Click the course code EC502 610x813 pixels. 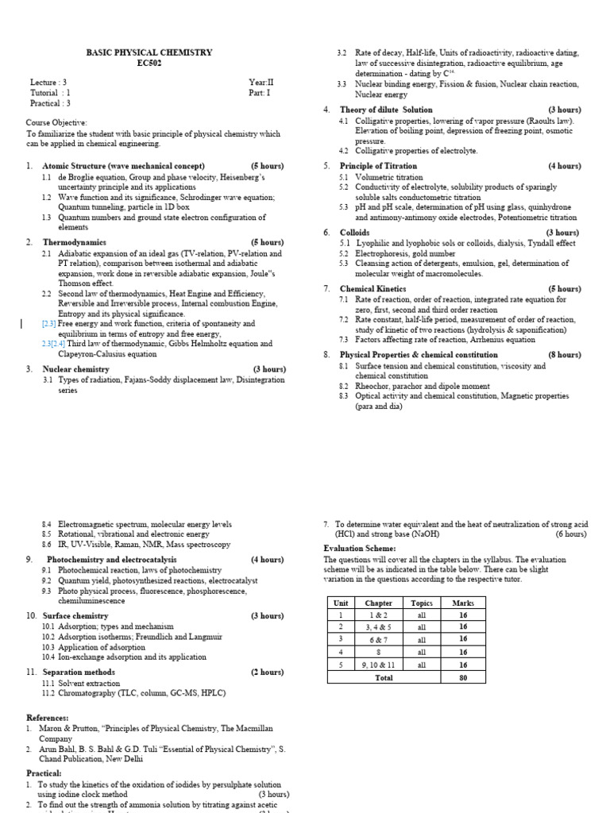(x=149, y=64)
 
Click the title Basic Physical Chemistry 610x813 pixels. (x=149, y=52)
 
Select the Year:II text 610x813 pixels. (x=260, y=82)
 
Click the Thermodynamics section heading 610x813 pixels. (x=74, y=242)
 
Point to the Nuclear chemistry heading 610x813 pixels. (x=75, y=369)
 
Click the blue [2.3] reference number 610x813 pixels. (x=48, y=324)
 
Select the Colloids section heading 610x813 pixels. (x=354, y=233)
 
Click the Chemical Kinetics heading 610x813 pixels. (x=373, y=289)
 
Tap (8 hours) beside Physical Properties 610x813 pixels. (x=564, y=355)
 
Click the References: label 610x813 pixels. (x=47, y=718)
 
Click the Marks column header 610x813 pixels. (x=462, y=603)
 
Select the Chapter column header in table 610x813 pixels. (x=378, y=603)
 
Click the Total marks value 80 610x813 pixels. (x=462, y=678)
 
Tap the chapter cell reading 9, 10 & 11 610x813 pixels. (x=378, y=665)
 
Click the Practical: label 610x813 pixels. (x=44, y=773)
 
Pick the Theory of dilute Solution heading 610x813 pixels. (x=386, y=110)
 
